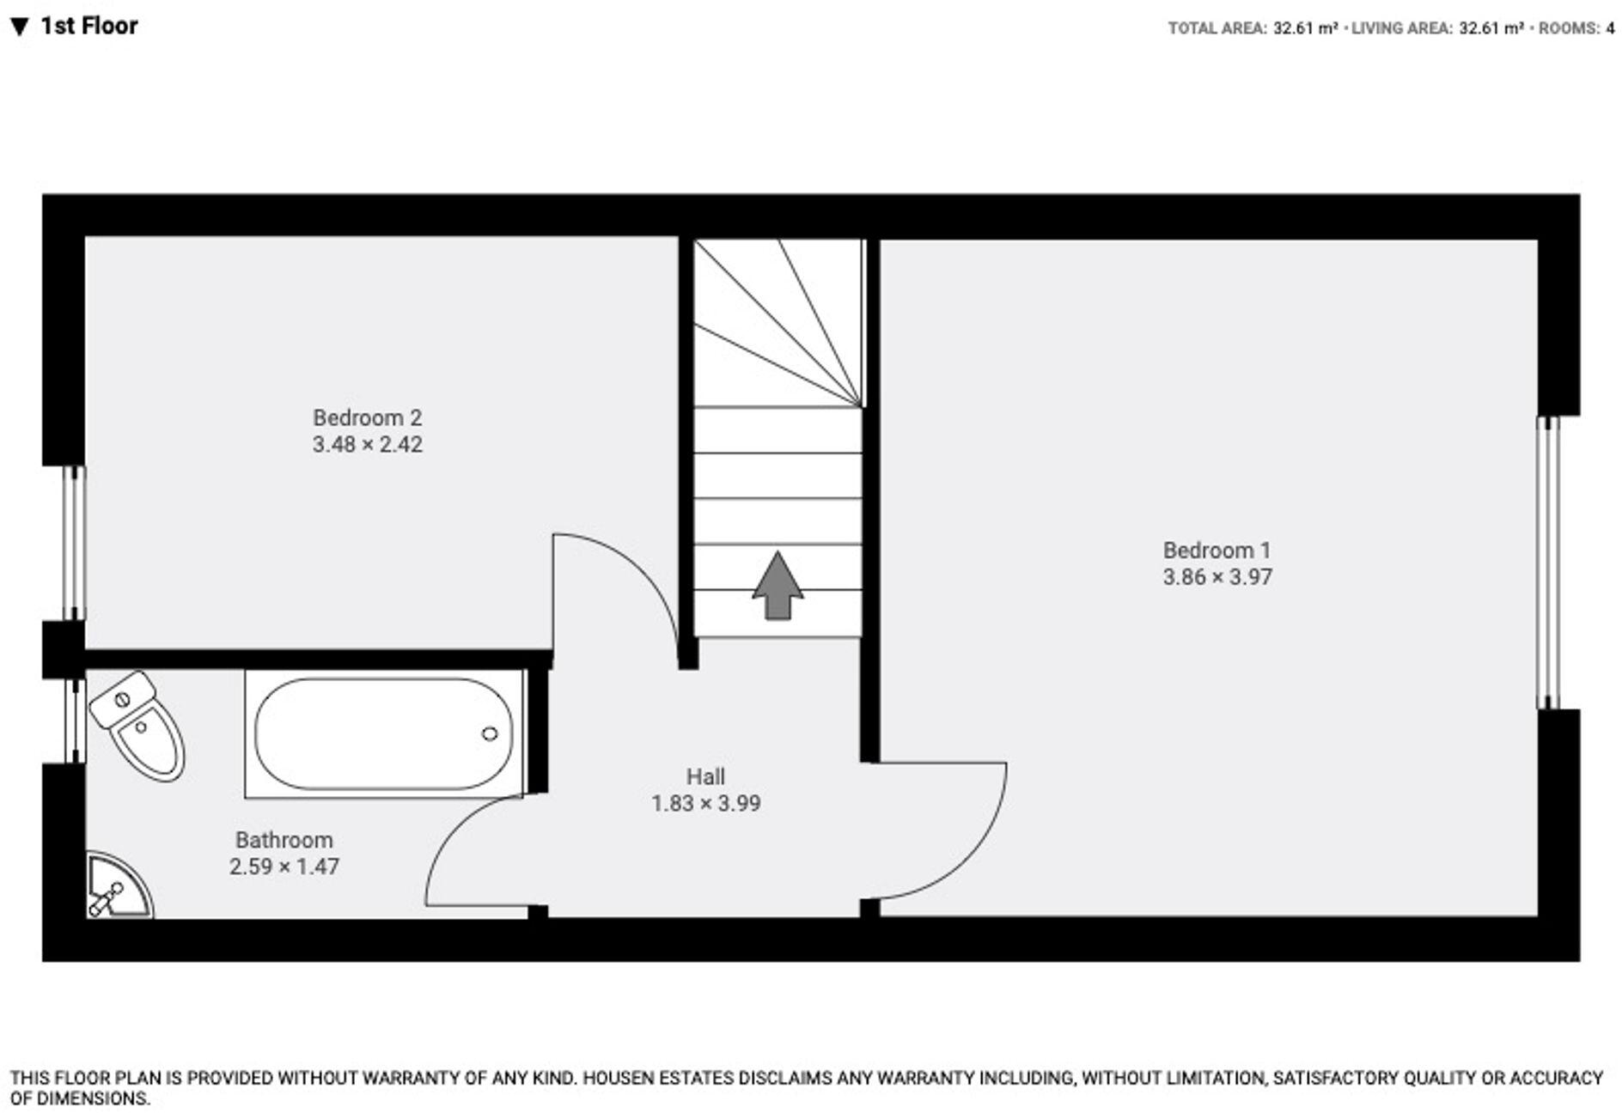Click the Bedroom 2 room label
pyautogui.click(x=367, y=418)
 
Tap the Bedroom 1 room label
pyautogui.click(x=1216, y=550)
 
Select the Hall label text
pyautogui.click(x=705, y=776)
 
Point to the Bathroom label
pyautogui.click(x=284, y=840)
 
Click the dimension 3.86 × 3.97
pyautogui.click(x=1217, y=577)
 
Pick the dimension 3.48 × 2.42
pyautogui.click(x=367, y=445)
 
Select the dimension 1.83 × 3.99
pyautogui.click(x=705, y=804)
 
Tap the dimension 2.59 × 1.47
pyautogui.click(x=284, y=867)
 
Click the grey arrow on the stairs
pyautogui.click(x=777, y=586)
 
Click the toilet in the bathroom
pyautogui.click(x=139, y=725)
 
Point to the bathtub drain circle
pyautogui.click(x=490, y=733)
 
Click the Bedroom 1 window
pyautogui.click(x=1547, y=563)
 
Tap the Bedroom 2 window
pyautogui.click(x=76, y=543)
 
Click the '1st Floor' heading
pyautogui.click(x=88, y=27)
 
